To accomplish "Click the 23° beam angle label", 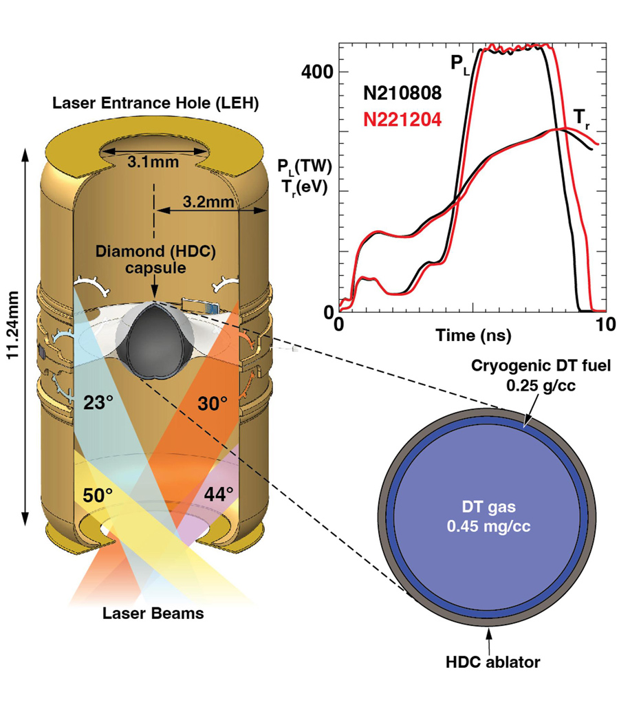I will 96,403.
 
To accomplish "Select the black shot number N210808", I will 402,91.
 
